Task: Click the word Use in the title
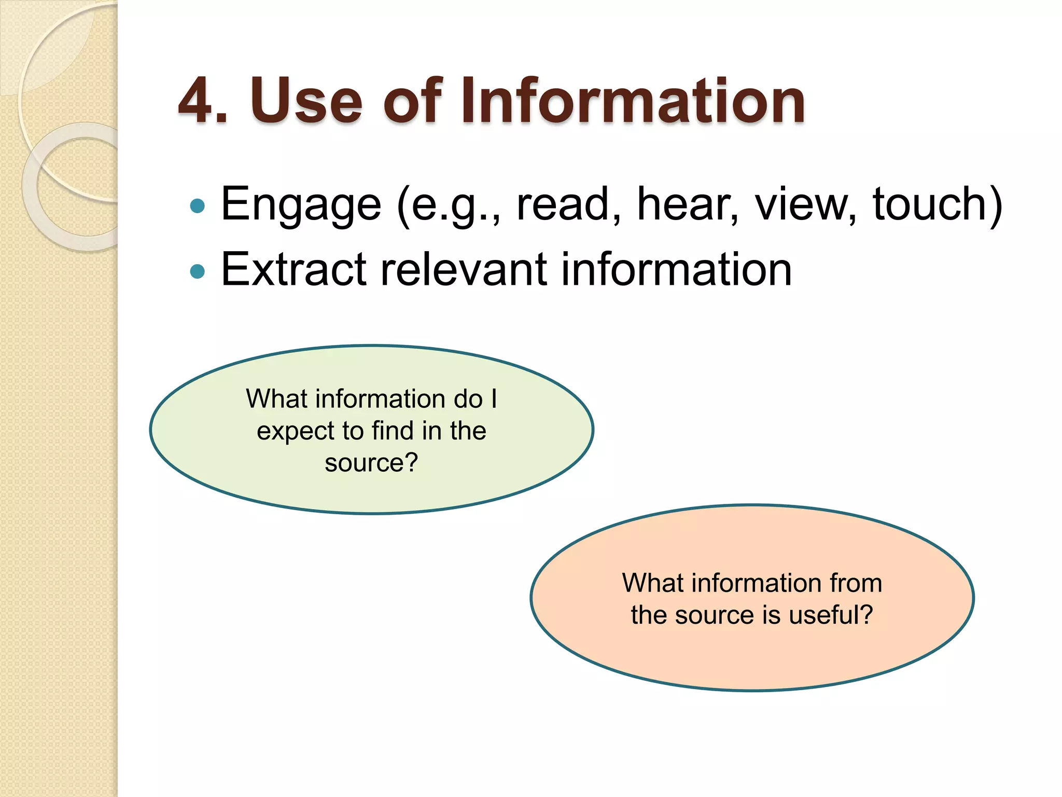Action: (x=306, y=101)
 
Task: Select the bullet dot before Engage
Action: (x=198, y=207)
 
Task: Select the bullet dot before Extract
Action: (x=198, y=271)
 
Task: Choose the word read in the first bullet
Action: (x=563, y=204)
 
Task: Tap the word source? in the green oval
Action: (x=371, y=463)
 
